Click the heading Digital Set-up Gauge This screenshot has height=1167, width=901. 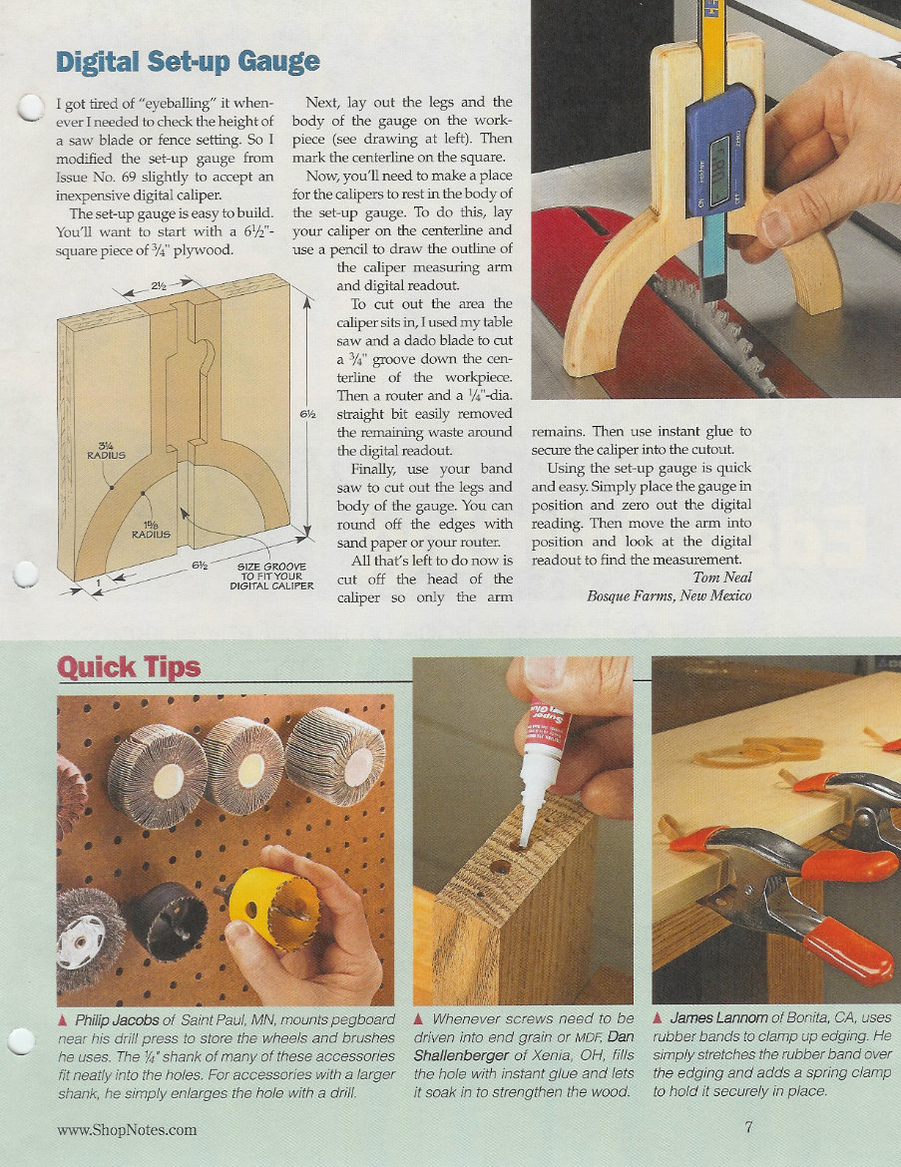tap(188, 61)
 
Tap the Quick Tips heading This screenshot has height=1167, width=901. tap(129, 666)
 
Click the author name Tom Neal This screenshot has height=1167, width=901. tap(722, 577)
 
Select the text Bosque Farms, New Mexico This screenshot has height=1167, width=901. tap(670, 596)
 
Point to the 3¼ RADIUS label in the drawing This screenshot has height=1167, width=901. tap(105, 453)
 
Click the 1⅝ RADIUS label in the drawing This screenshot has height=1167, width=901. tap(151, 528)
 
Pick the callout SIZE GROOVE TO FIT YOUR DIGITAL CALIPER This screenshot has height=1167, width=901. tap(271, 576)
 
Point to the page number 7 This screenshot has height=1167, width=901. tap(747, 1128)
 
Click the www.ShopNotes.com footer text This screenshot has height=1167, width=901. tap(127, 1129)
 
